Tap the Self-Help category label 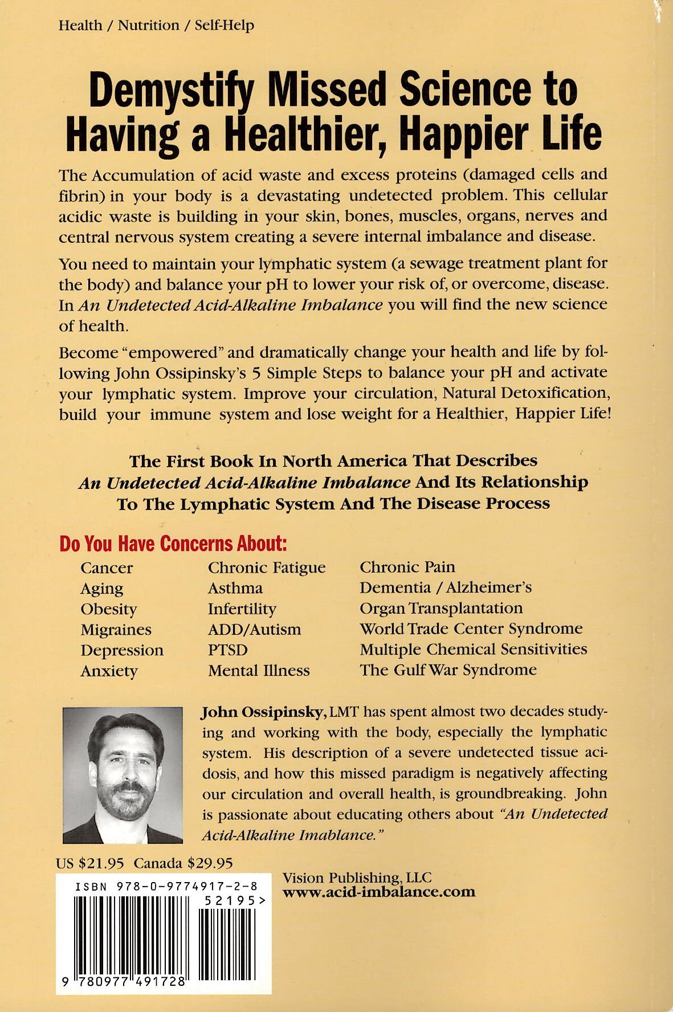pyautogui.click(x=224, y=26)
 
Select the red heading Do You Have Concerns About pyautogui.click(x=173, y=544)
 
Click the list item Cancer pyautogui.click(x=107, y=568)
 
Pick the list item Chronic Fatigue pyautogui.click(x=267, y=568)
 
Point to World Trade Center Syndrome pyautogui.click(x=471, y=629)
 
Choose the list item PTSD pyautogui.click(x=228, y=650)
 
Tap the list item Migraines pyautogui.click(x=116, y=630)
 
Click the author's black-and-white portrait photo pyautogui.click(x=123, y=775)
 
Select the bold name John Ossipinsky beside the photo pyautogui.click(x=263, y=712)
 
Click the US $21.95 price pyautogui.click(x=90, y=863)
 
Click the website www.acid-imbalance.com pyautogui.click(x=379, y=892)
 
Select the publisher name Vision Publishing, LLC pyautogui.click(x=357, y=878)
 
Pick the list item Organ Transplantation pyautogui.click(x=441, y=608)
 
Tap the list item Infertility pyautogui.click(x=242, y=609)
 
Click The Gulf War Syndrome pyautogui.click(x=448, y=670)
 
